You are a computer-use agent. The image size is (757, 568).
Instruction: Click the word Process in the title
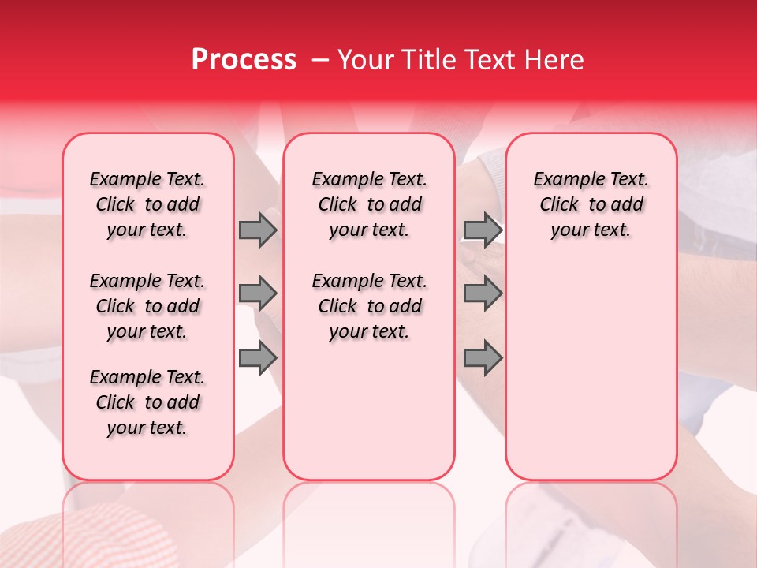pos(244,60)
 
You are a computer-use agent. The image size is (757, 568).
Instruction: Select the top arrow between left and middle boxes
pos(258,230)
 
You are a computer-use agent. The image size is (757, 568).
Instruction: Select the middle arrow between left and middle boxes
pos(258,293)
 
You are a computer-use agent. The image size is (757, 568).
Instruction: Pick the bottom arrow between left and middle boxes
pos(258,358)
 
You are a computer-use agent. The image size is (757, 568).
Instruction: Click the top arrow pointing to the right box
pos(483,230)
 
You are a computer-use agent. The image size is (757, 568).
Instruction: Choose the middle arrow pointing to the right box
pos(483,293)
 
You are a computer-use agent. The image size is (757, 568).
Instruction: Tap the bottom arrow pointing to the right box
pos(483,358)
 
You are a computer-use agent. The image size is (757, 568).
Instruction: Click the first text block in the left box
pos(147,204)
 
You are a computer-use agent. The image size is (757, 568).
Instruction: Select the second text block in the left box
pos(147,306)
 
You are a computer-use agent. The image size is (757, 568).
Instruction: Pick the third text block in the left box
pos(147,402)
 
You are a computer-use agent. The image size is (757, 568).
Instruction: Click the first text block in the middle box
pos(369,204)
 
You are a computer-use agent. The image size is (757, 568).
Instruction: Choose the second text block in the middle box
pos(369,306)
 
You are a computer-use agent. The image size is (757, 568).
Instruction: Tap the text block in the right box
pos(591,204)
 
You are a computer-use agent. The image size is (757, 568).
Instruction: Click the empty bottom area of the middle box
pos(369,418)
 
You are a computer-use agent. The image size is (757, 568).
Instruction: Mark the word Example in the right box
pos(563,179)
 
